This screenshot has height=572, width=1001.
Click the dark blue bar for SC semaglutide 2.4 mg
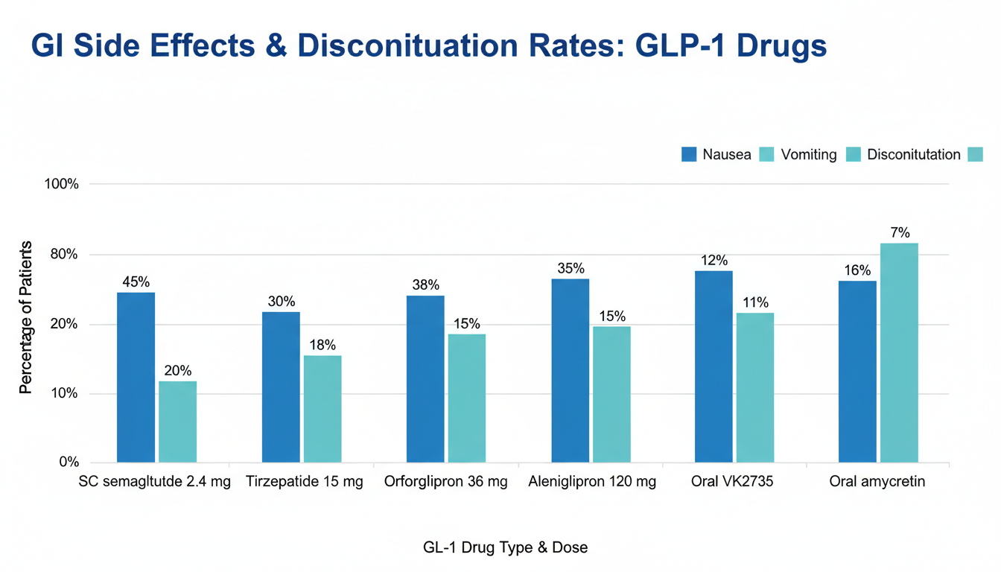[x=136, y=377]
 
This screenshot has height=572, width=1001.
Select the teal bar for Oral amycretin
[x=899, y=352]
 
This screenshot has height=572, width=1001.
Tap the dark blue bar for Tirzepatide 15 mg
[x=281, y=387]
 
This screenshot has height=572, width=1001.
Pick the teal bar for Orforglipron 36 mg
[x=466, y=398]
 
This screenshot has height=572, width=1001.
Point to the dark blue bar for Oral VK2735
[x=714, y=366]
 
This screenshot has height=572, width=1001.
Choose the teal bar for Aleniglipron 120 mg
[x=611, y=394]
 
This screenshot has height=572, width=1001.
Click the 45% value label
[x=136, y=282]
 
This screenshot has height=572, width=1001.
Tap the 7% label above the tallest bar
[x=900, y=232]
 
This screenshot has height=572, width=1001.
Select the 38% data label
[x=425, y=285]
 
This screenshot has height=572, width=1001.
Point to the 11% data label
[x=755, y=302]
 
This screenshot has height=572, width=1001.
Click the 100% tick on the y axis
[x=63, y=185]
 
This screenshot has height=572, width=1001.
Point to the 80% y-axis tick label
[x=64, y=255]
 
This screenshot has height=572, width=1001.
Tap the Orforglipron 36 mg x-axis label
[x=445, y=482]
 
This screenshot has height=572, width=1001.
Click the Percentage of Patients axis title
[x=26, y=317]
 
